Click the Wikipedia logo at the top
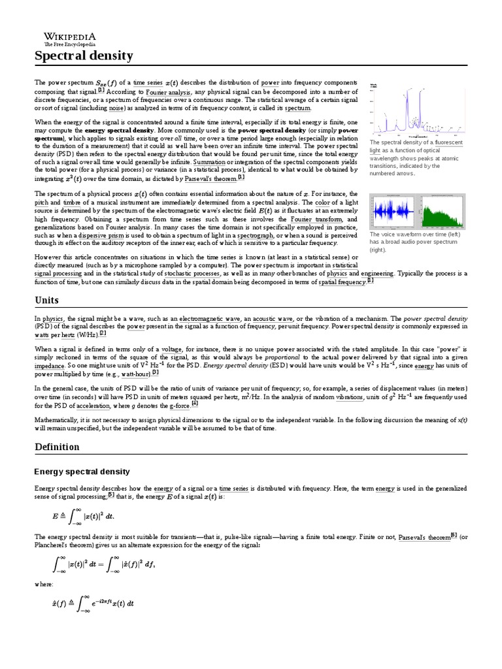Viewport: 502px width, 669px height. (x=69, y=38)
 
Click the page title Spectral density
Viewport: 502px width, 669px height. (x=84, y=56)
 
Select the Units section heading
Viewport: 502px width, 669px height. (x=46, y=300)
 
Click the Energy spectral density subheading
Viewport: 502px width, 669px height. (x=82, y=471)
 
